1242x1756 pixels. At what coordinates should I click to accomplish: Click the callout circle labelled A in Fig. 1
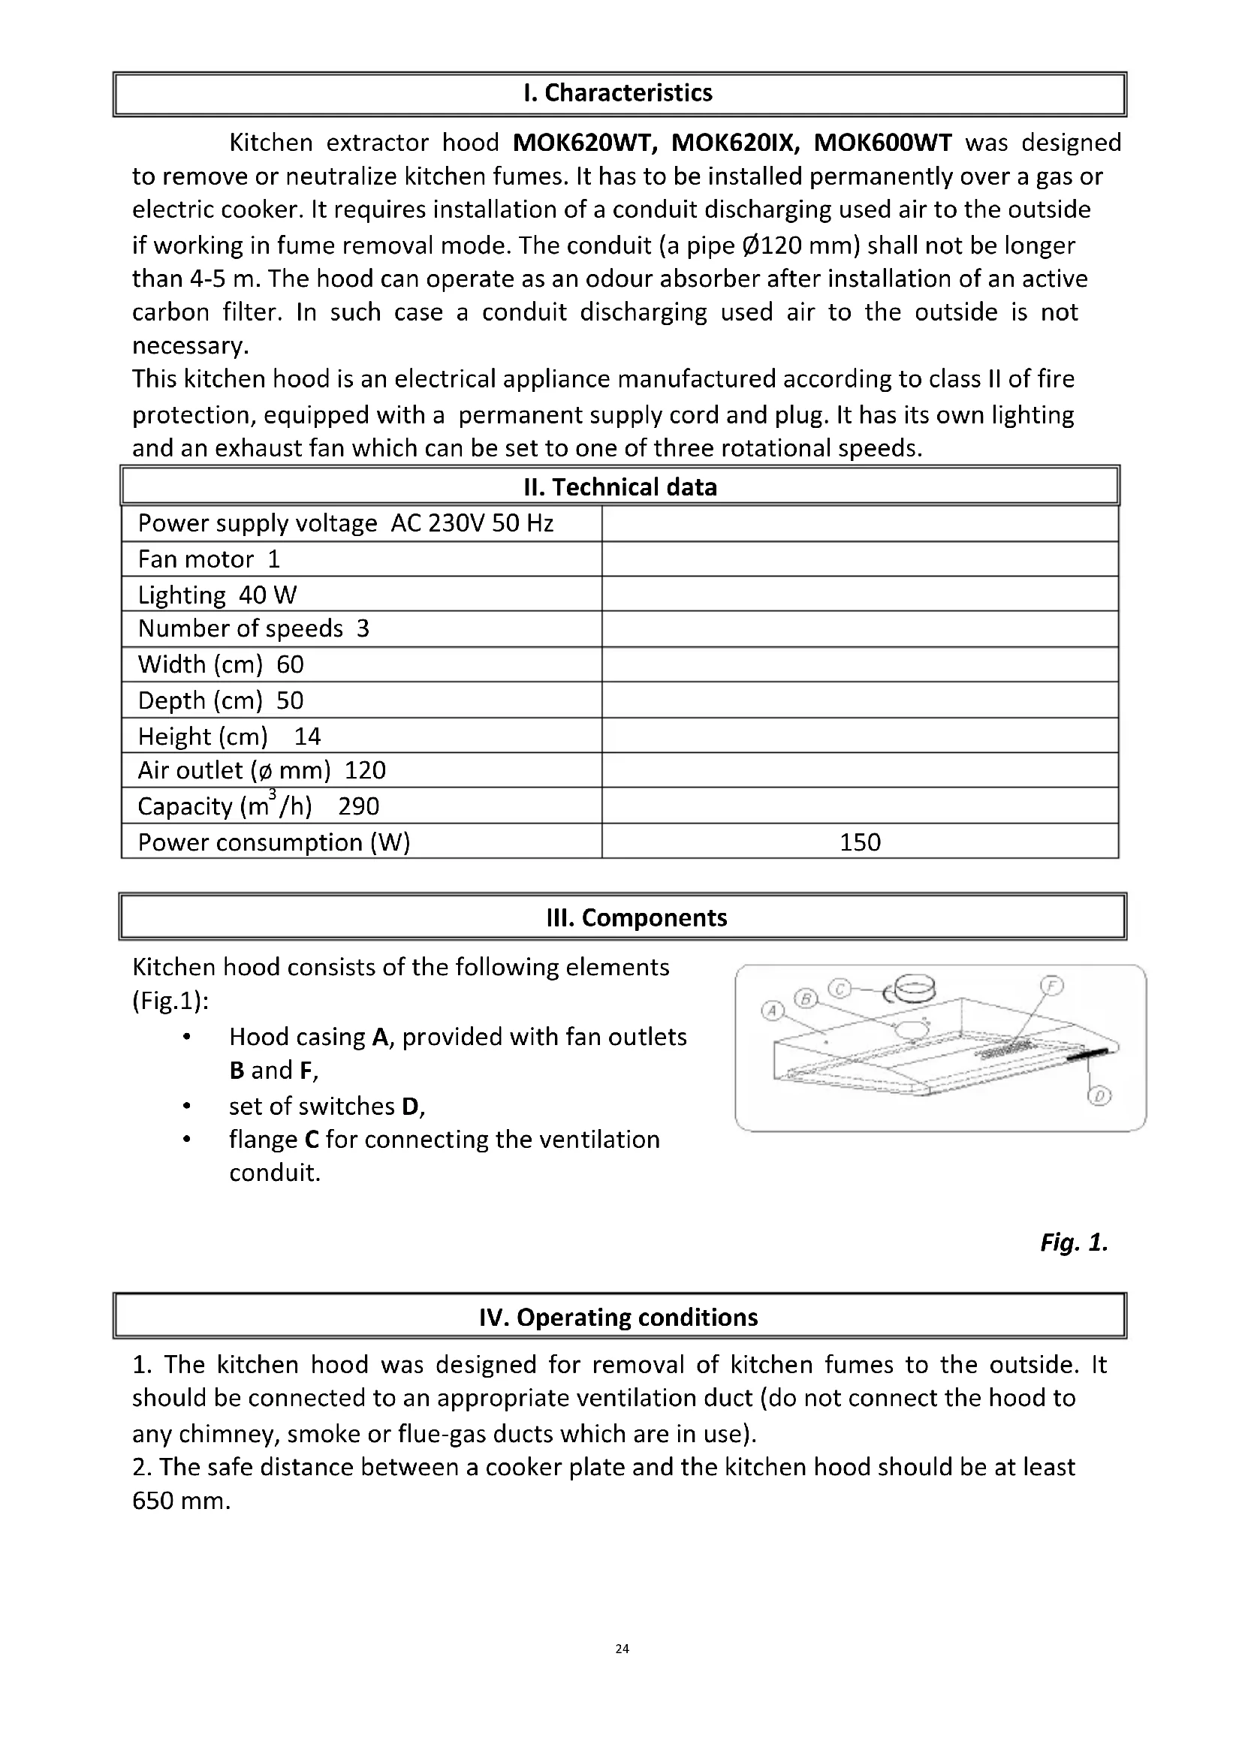click(x=772, y=1012)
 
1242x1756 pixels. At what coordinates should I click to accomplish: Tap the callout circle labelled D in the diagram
click(x=1099, y=1097)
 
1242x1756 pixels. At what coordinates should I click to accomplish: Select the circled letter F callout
click(x=1051, y=986)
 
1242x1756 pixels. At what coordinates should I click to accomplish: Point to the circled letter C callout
click(x=840, y=989)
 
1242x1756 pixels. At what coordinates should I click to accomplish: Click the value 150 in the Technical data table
click(x=860, y=842)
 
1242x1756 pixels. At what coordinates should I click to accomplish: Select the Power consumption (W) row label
click(x=274, y=842)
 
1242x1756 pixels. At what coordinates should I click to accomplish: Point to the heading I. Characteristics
click(x=618, y=92)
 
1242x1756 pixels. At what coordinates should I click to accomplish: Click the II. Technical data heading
click(x=620, y=487)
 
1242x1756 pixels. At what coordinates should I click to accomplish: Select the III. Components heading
click(x=636, y=917)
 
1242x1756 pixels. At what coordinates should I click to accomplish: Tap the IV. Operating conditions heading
click(x=618, y=1317)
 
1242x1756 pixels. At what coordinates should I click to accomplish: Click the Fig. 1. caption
click(x=1074, y=1242)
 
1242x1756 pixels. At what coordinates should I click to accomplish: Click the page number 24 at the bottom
click(x=622, y=1649)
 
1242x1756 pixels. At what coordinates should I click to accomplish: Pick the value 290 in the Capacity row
click(x=359, y=806)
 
